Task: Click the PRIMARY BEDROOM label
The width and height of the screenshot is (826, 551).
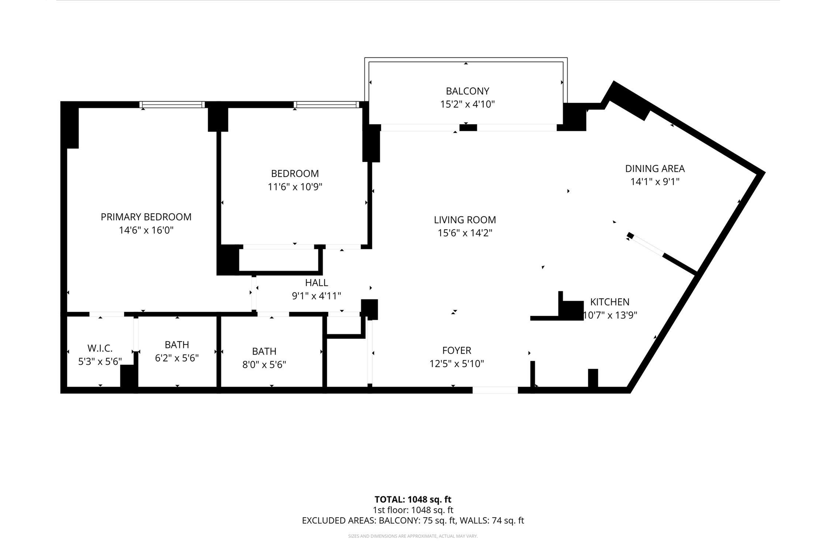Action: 146,217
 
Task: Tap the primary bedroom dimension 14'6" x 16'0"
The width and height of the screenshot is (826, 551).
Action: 146,230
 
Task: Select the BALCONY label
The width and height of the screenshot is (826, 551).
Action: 467,91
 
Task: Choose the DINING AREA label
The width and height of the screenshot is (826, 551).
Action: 655,169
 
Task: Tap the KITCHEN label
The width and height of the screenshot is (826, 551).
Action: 610,302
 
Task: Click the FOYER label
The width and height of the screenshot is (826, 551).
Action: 457,350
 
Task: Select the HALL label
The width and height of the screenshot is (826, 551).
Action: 316,283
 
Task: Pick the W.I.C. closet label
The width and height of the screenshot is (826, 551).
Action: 100,348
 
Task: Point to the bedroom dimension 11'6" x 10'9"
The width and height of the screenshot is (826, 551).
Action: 295,187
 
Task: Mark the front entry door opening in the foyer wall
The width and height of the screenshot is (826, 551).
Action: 495,390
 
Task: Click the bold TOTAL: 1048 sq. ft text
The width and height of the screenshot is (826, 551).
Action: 413,499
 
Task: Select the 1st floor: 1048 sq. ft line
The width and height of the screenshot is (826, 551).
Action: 413,510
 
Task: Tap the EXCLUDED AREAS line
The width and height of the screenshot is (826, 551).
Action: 413,520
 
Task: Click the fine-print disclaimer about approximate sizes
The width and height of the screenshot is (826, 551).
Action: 413,536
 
